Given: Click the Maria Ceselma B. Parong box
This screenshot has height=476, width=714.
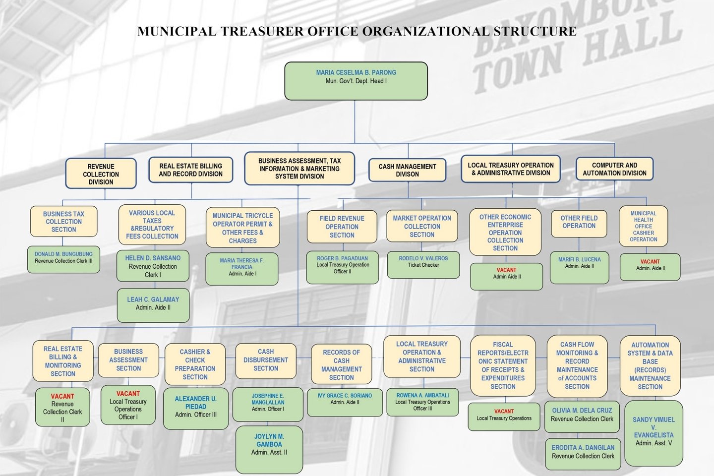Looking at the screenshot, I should coord(356,80).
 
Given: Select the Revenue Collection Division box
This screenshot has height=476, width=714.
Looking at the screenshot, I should coord(101,174).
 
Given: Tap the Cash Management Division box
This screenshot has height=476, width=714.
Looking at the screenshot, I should coord(407,170).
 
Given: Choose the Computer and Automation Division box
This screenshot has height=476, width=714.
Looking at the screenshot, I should coord(614,169).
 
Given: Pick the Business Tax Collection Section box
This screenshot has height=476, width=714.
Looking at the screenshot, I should coord(63,222).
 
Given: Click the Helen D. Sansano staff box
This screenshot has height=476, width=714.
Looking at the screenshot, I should coord(153,266).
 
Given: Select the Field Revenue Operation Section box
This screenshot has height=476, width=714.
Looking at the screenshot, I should coord(342,227).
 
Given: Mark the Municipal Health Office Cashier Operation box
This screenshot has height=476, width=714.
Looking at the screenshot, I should coord(643,226).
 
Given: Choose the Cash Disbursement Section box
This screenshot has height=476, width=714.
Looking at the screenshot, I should coord(266,360).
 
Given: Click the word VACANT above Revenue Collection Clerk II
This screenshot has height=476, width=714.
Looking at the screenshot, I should coord(62,396).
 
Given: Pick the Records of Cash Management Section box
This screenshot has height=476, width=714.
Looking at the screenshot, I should coord(341,365).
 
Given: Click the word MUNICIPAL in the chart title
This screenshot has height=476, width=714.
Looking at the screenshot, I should coord(177,32).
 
